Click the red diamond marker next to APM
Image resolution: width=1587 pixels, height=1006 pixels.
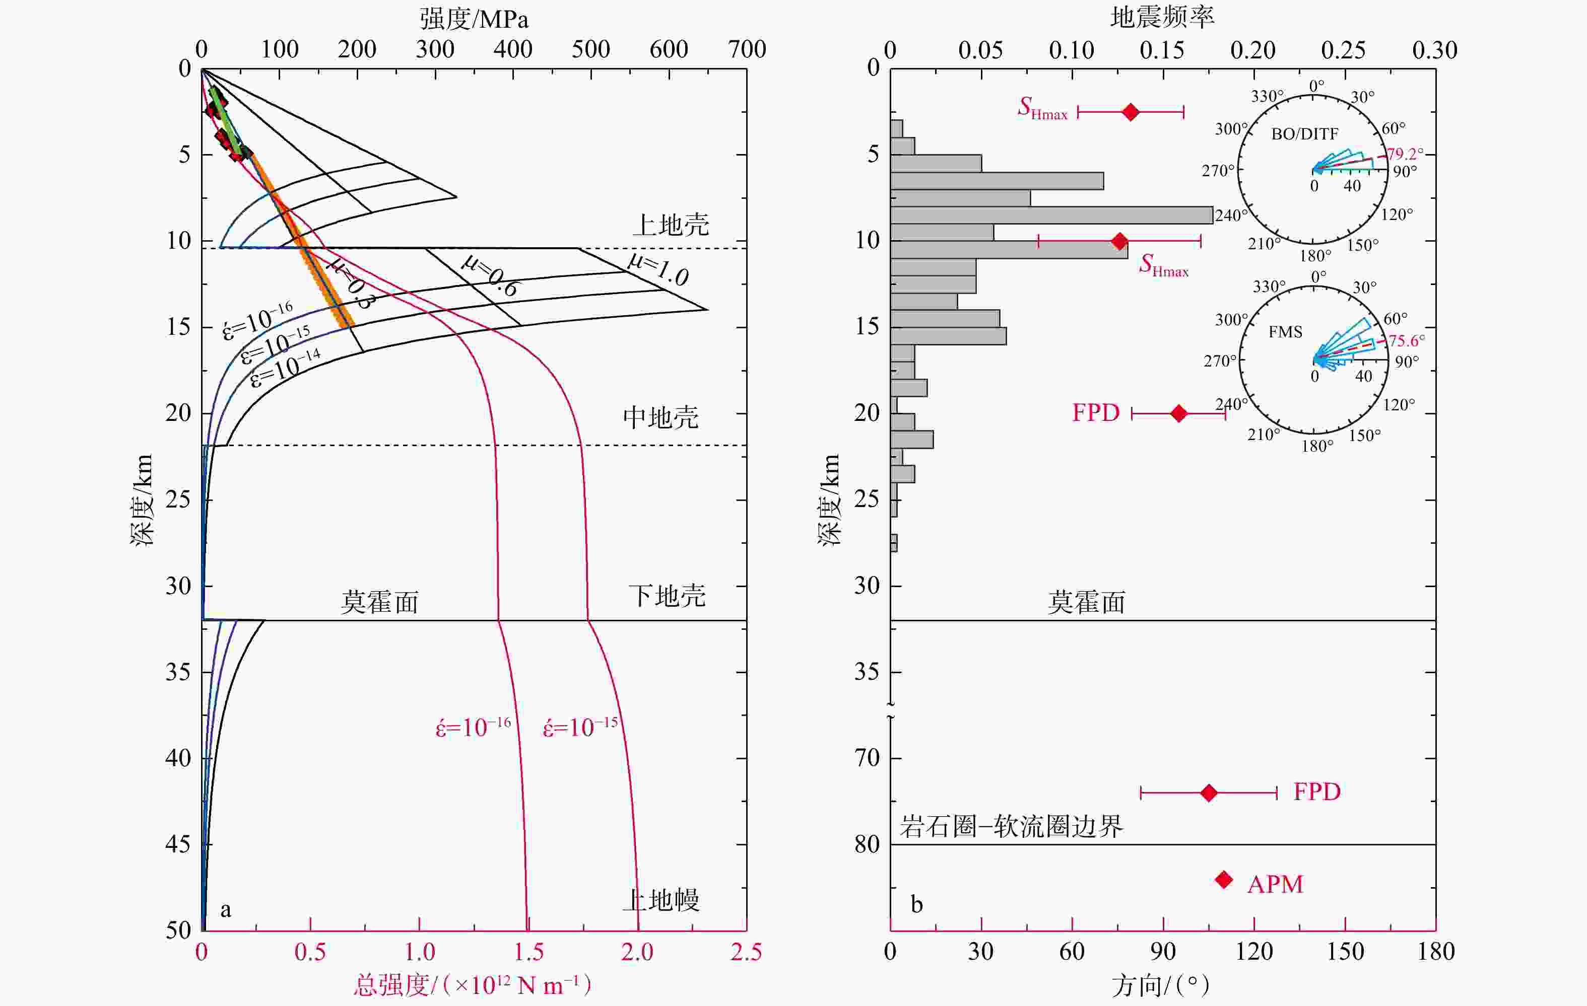tap(1224, 880)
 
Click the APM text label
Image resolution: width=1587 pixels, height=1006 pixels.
tap(1275, 884)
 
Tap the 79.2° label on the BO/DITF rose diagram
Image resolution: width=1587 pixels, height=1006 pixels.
tap(1405, 154)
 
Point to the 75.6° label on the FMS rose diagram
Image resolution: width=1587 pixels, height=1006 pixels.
tap(1407, 340)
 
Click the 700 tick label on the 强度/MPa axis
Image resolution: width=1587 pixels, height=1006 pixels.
tap(747, 49)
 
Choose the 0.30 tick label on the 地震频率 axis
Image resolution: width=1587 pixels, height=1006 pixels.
tap(1434, 50)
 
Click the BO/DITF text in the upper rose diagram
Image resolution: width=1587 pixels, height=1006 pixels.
tap(1304, 134)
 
